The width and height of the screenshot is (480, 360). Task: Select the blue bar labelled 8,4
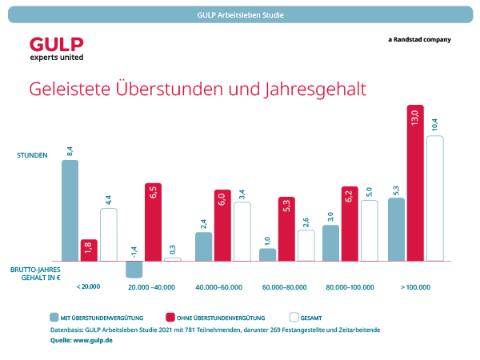click(x=70, y=210)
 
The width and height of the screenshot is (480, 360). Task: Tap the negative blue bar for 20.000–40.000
click(x=134, y=269)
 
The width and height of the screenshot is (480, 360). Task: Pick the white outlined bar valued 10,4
click(x=434, y=198)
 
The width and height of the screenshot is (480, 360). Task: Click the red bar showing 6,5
click(x=154, y=222)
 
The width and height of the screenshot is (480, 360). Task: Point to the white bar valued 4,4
click(x=108, y=234)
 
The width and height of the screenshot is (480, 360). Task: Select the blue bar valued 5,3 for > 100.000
click(x=396, y=229)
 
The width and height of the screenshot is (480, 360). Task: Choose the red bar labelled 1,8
click(x=89, y=249)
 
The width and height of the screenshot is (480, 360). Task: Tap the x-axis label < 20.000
click(x=88, y=286)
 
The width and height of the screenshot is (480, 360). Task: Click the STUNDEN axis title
click(x=33, y=154)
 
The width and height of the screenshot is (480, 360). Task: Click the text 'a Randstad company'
click(x=418, y=39)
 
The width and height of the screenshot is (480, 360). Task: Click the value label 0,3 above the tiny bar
click(x=174, y=250)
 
